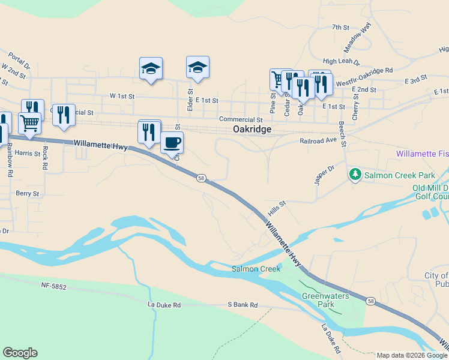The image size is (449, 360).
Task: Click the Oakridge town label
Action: click(x=252, y=130)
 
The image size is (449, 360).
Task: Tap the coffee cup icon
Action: click(x=172, y=143)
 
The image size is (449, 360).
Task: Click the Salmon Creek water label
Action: click(x=256, y=269)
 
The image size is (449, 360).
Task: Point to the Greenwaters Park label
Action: click(x=318, y=300)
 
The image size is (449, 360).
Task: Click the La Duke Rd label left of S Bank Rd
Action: click(x=164, y=305)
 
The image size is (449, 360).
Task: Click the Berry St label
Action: click(x=28, y=194)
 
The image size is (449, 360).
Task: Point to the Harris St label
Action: click(x=27, y=154)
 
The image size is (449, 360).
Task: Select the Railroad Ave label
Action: click(x=319, y=140)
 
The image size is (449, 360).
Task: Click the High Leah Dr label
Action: click(x=341, y=61)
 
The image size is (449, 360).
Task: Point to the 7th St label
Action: click(x=340, y=27)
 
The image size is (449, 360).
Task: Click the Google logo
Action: click(x=20, y=353)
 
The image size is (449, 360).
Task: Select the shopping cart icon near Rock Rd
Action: click(x=29, y=123)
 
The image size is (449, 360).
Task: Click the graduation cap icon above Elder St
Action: click(x=197, y=68)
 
